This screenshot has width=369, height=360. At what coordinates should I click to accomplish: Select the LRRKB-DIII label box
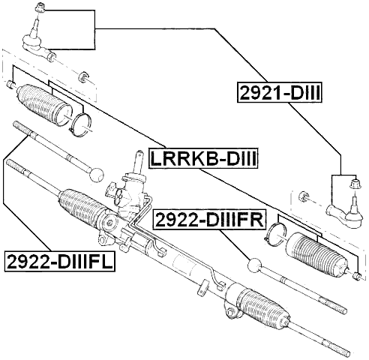203,159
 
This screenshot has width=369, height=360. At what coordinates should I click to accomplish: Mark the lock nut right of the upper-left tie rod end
85,75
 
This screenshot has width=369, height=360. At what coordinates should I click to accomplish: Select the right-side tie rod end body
343,214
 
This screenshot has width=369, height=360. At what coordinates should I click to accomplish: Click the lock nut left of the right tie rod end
304,197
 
